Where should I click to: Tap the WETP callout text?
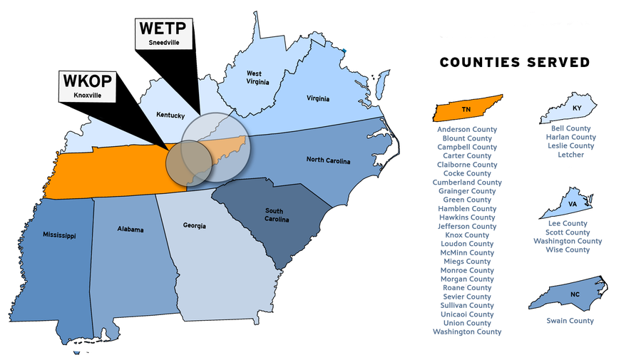(163, 29)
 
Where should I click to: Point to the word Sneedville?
(163, 43)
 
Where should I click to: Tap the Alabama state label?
(130, 230)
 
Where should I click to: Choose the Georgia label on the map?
(194, 226)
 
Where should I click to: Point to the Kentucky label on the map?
(170, 115)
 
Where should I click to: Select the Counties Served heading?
(514, 63)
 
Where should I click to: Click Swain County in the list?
(570, 321)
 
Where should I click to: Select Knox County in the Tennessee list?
(467, 235)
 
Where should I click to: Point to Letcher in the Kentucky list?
(570, 155)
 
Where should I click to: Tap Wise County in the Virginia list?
(568, 250)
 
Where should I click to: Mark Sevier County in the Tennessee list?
(467, 297)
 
